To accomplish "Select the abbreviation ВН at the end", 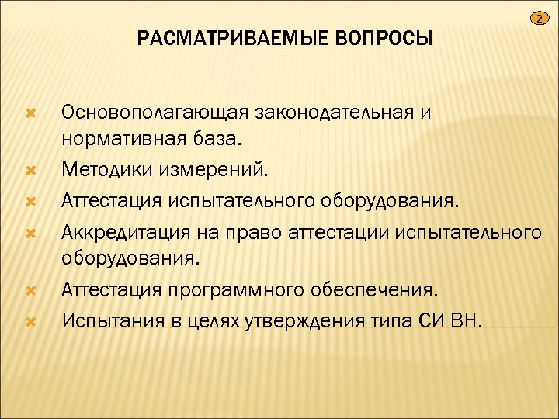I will point(467,319).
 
